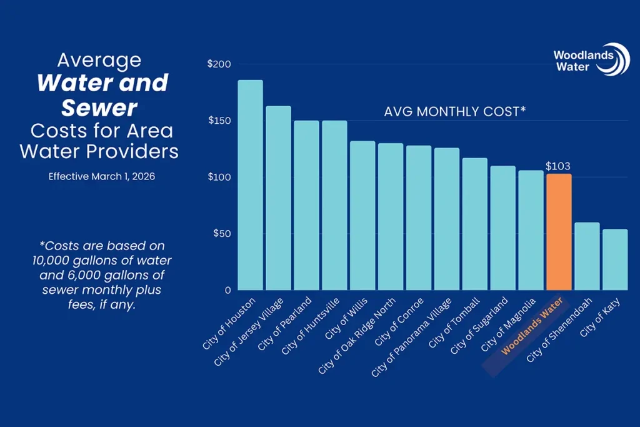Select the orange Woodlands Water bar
coord(559,232)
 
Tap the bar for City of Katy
coord(615,259)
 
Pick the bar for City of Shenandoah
coord(587,256)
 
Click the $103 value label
coord(559,166)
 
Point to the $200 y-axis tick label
coord(219,64)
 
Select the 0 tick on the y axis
coord(227,291)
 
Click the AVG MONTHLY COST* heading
coord(454,112)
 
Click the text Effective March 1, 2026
coord(102,177)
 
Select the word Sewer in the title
coord(99,108)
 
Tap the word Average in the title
coord(99,61)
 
